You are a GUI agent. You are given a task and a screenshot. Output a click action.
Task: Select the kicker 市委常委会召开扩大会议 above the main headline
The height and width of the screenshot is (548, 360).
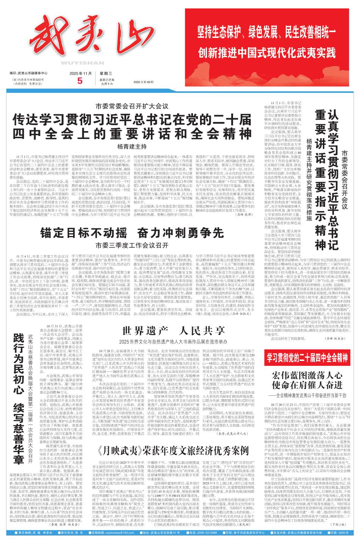132,95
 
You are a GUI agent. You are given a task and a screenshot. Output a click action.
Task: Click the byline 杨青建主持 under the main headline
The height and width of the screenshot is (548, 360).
132,136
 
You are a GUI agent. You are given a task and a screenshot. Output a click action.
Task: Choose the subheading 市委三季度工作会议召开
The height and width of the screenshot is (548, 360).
132,244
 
